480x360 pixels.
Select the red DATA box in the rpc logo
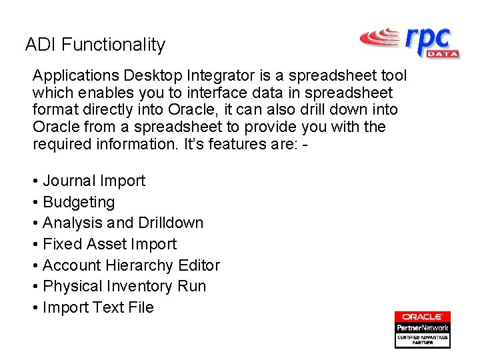[441, 53]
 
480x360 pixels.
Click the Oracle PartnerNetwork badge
[422, 329]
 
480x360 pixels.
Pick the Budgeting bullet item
[79, 202]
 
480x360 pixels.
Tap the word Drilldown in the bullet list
[171, 223]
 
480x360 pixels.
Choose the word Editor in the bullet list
[199, 265]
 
